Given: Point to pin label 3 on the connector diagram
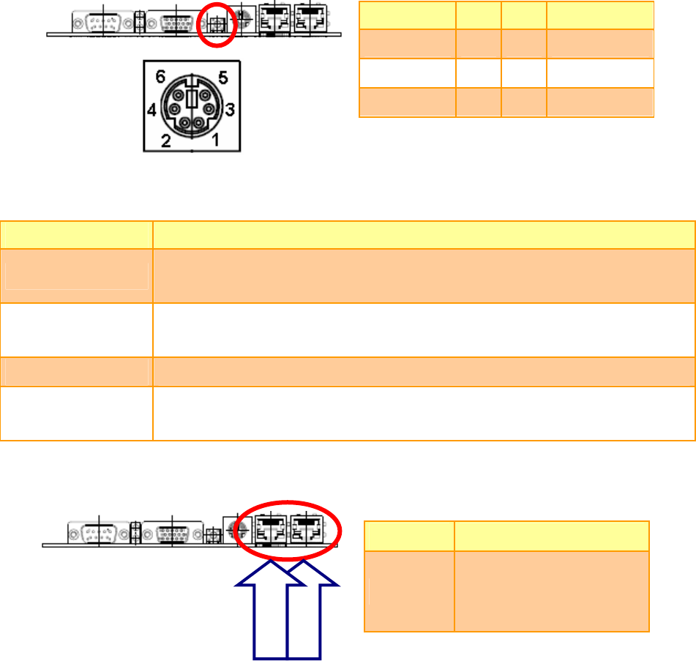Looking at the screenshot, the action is [231, 111].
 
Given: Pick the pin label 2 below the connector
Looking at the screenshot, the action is [167, 141].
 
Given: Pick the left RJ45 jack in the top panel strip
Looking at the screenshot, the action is [273, 20].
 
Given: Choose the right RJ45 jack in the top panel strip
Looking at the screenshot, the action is [307, 20].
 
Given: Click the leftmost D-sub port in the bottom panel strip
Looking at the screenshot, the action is [97, 533].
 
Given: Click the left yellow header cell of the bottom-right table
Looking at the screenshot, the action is [408, 537].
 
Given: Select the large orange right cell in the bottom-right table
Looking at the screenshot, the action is [551, 590].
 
